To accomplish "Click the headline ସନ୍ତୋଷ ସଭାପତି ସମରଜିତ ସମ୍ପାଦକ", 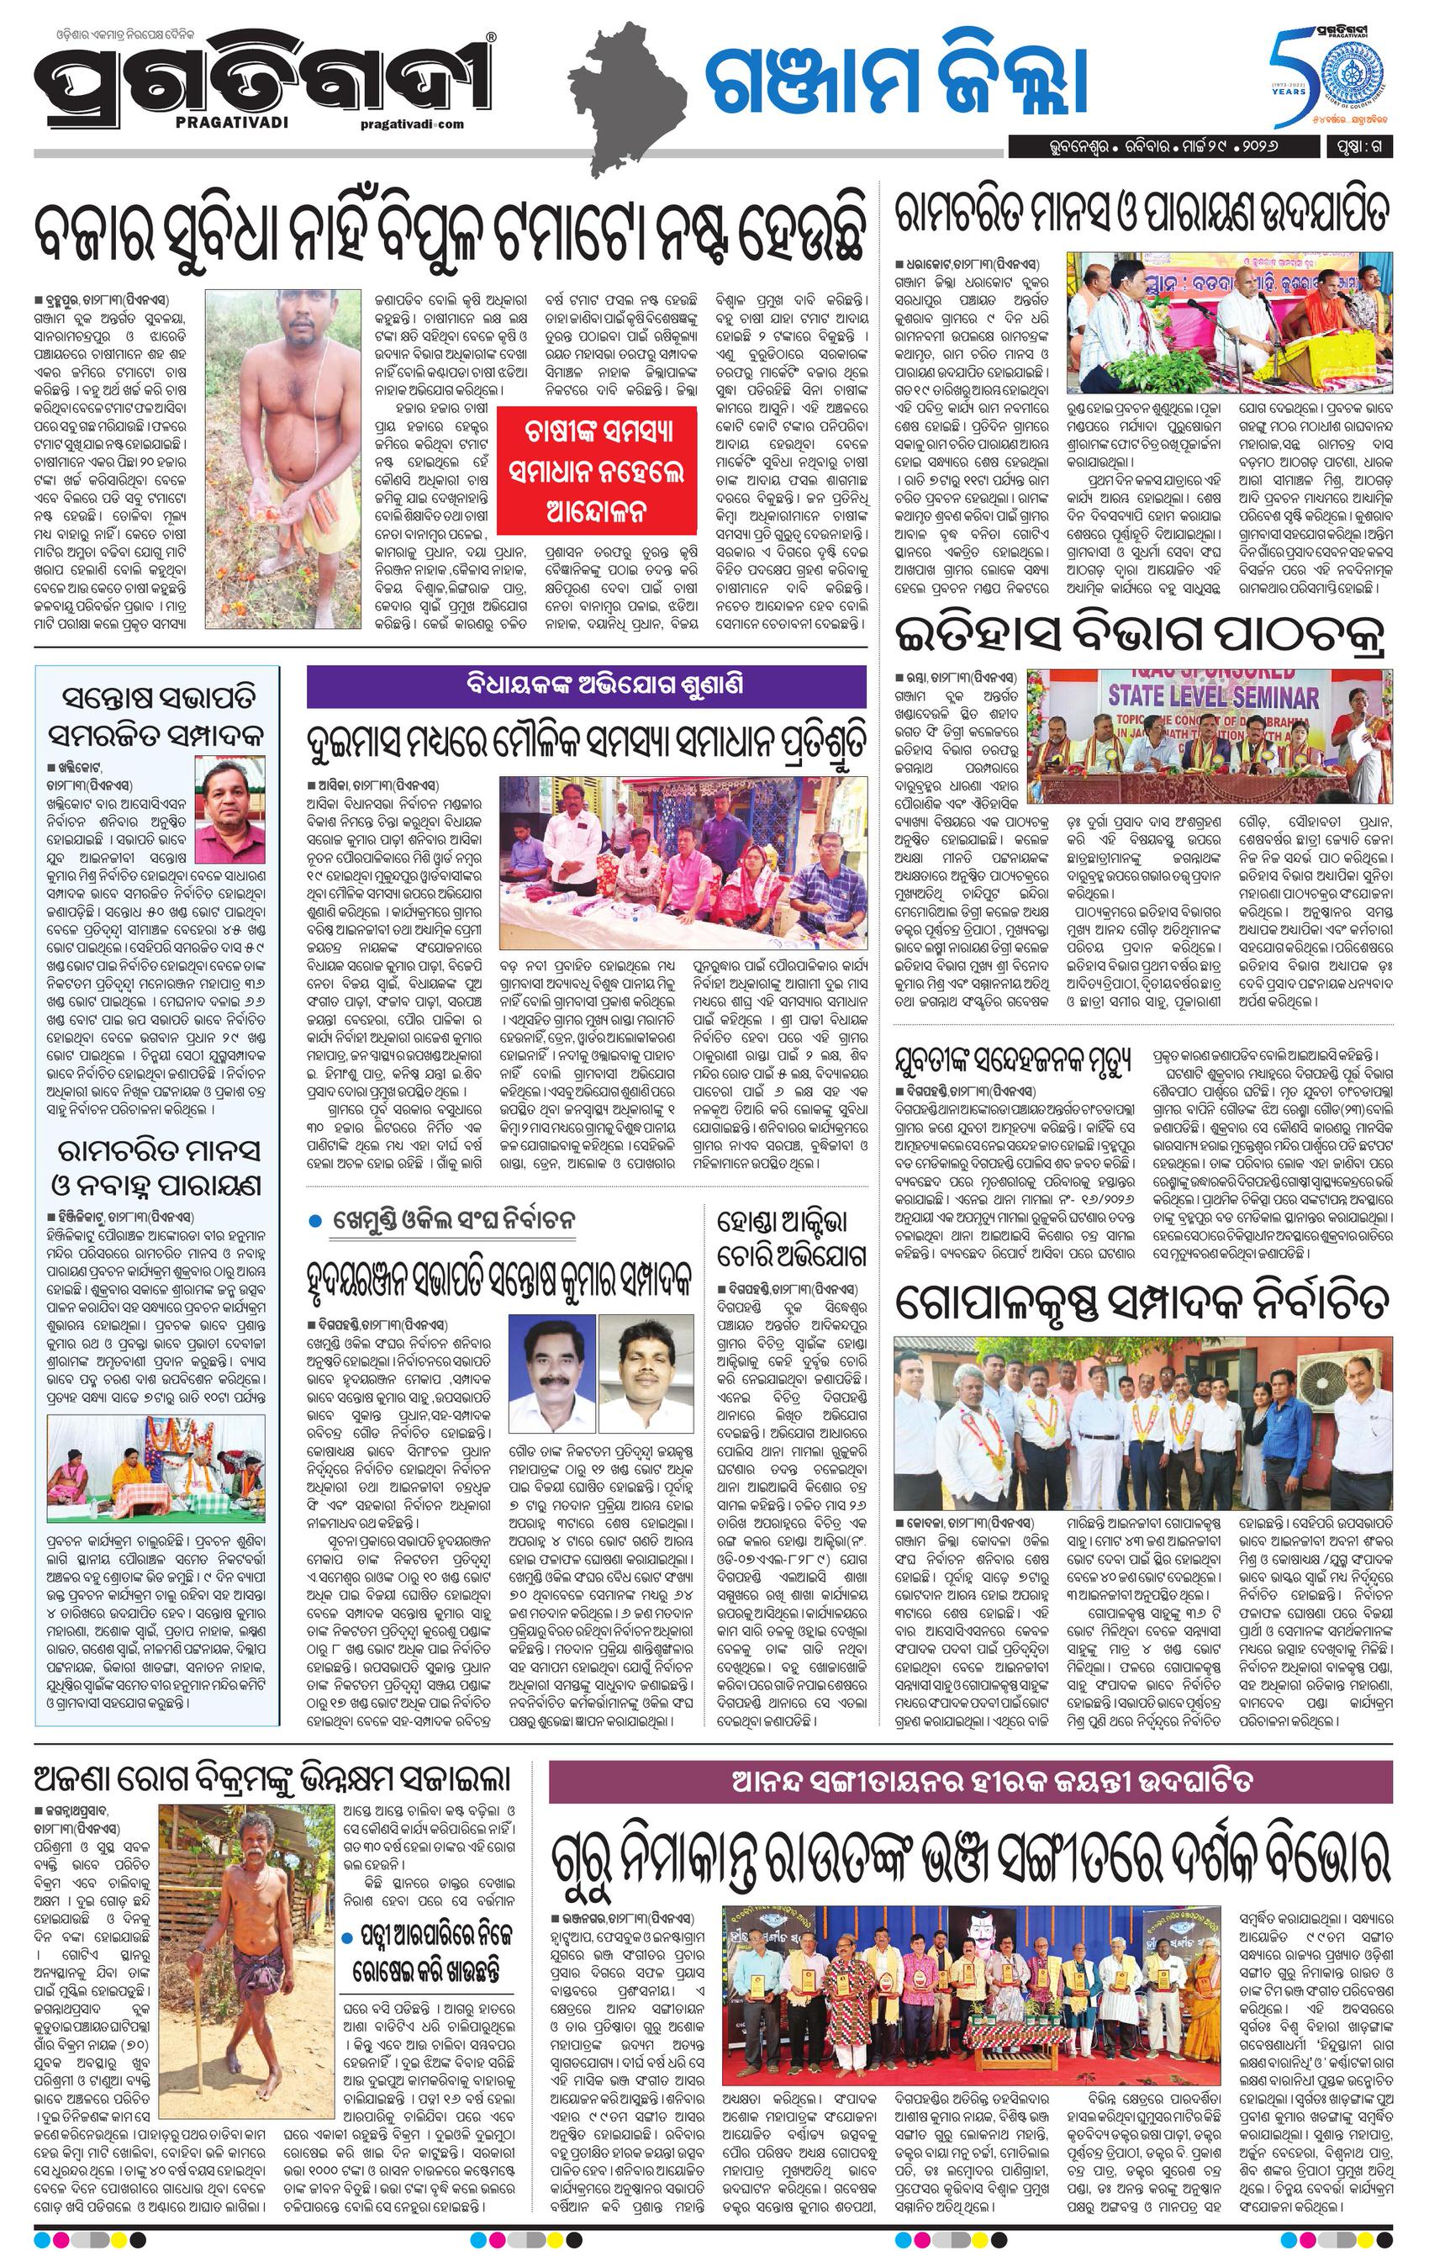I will (x=156, y=716).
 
